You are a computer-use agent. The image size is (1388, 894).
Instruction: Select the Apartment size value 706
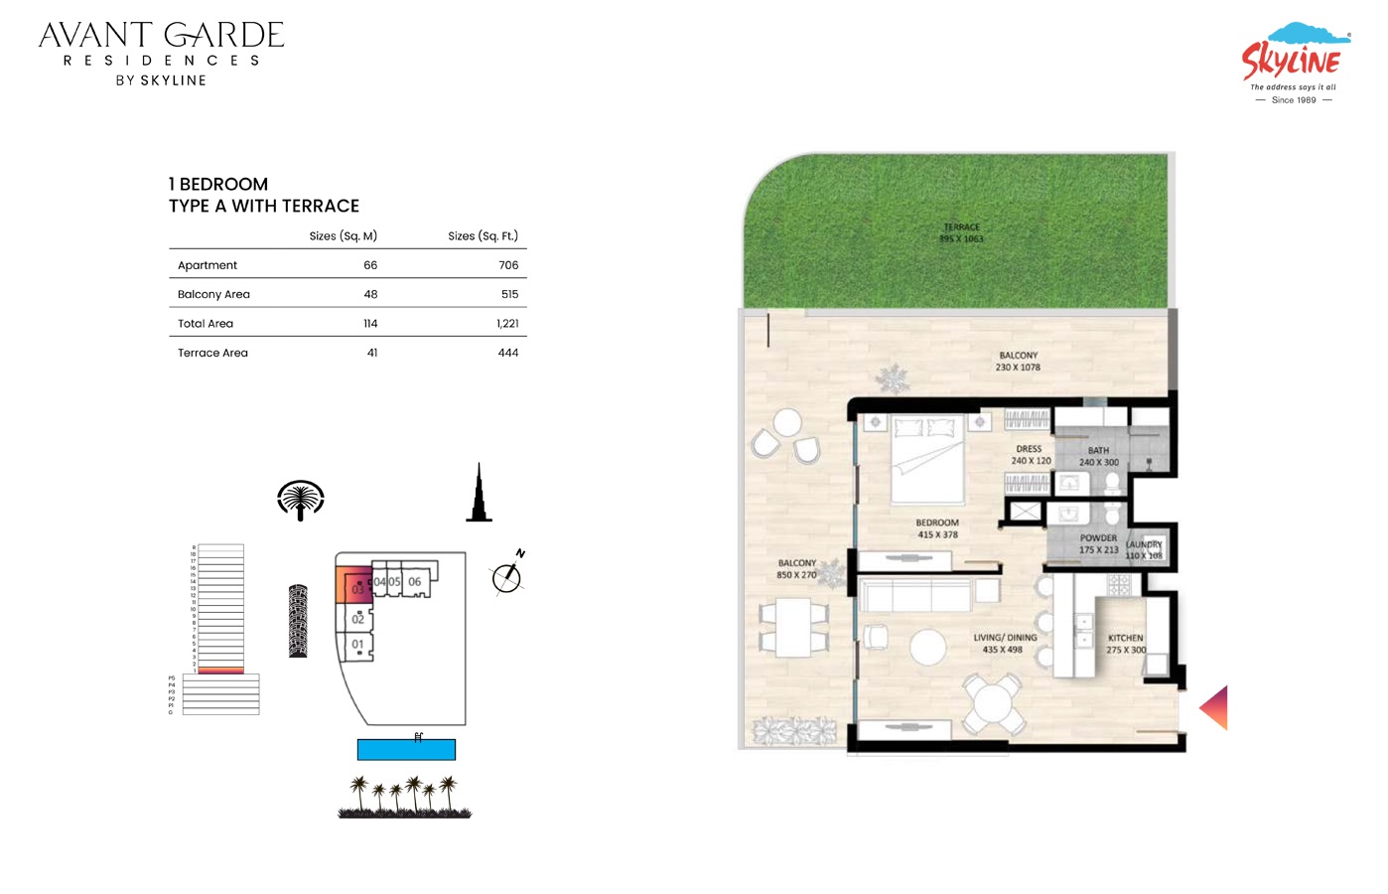(508, 265)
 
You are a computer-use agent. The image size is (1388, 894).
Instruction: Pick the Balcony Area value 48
(370, 294)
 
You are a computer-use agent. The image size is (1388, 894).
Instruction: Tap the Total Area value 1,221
(507, 324)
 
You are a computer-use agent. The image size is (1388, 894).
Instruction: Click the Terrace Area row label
(212, 353)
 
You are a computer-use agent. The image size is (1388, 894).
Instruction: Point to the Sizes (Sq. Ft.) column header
(483, 236)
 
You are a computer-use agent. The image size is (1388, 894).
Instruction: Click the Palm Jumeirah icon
(301, 500)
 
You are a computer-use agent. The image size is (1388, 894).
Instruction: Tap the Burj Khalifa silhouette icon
(479, 494)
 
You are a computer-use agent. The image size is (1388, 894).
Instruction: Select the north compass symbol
(507, 576)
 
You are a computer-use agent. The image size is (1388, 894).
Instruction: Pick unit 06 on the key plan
(415, 582)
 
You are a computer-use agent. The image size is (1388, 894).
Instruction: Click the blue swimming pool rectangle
(406, 750)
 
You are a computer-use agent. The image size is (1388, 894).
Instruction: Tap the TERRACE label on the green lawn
(961, 227)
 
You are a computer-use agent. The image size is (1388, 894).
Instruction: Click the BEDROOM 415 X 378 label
(937, 528)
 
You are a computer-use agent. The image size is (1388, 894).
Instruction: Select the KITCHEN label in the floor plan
(1125, 639)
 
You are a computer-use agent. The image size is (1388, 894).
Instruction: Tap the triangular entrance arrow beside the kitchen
(1215, 707)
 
